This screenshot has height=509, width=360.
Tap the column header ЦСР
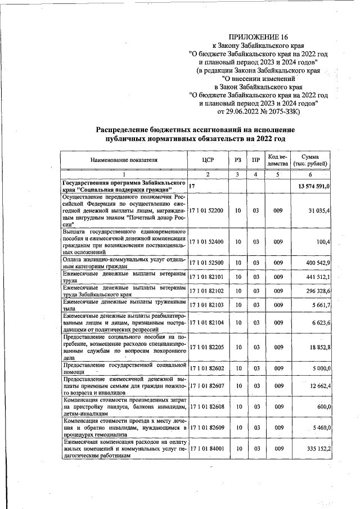click(208, 160)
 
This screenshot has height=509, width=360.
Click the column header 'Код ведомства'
click(277, 160)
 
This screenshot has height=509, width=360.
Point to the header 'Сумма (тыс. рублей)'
click(312, 160)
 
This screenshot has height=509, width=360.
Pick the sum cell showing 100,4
click(322, 241)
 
